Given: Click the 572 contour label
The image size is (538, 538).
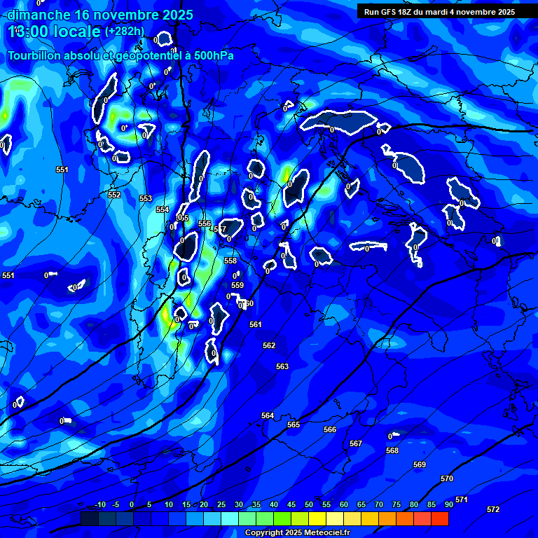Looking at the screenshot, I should (x=493, y=509).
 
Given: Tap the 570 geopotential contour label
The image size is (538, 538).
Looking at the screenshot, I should (x=447, y=478).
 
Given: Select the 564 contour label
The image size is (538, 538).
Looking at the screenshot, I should (x=268, y=415).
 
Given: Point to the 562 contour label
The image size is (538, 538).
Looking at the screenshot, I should (x=269, y=345).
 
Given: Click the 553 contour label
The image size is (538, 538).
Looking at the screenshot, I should (x=146, y=198).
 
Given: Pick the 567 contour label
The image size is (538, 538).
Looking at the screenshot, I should (x=356, y=443).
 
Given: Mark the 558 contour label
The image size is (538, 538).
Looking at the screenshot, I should (x=230, y=261).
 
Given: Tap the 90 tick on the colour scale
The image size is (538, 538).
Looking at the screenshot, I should (x=448, y=504).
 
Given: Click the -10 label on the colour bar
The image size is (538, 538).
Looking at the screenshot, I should (x=99, y=504).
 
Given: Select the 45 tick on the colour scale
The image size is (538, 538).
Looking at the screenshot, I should (x=291, y=504).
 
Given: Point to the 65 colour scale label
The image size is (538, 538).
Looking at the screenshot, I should (x=361, y=504).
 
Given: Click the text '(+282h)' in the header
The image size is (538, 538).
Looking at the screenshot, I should (x=124, y=32).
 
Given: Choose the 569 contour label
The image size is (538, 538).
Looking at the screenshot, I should (x=420, y=464).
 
